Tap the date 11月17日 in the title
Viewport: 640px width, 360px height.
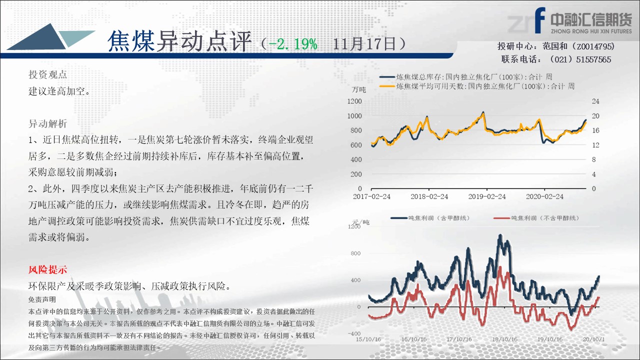point(364,44)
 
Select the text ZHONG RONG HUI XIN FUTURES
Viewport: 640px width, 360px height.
point(591,31)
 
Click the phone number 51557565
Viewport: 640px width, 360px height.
point(593,59)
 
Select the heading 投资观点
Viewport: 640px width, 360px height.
point(47,74)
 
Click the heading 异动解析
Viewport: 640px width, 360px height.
point(47,123)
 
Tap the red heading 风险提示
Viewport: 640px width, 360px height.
point(47,269)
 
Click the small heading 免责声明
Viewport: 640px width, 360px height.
point(42,299)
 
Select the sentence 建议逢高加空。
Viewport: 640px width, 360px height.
point(59,91)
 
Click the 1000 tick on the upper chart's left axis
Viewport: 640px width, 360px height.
point(354,115)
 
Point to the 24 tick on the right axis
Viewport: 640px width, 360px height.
point(595,101)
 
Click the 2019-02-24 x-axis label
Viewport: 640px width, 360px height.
point(487,196)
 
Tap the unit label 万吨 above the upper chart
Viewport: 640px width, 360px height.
point(359,89)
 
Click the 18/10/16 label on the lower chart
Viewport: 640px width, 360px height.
point(504,339)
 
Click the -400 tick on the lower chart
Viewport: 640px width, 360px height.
point(354,333)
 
